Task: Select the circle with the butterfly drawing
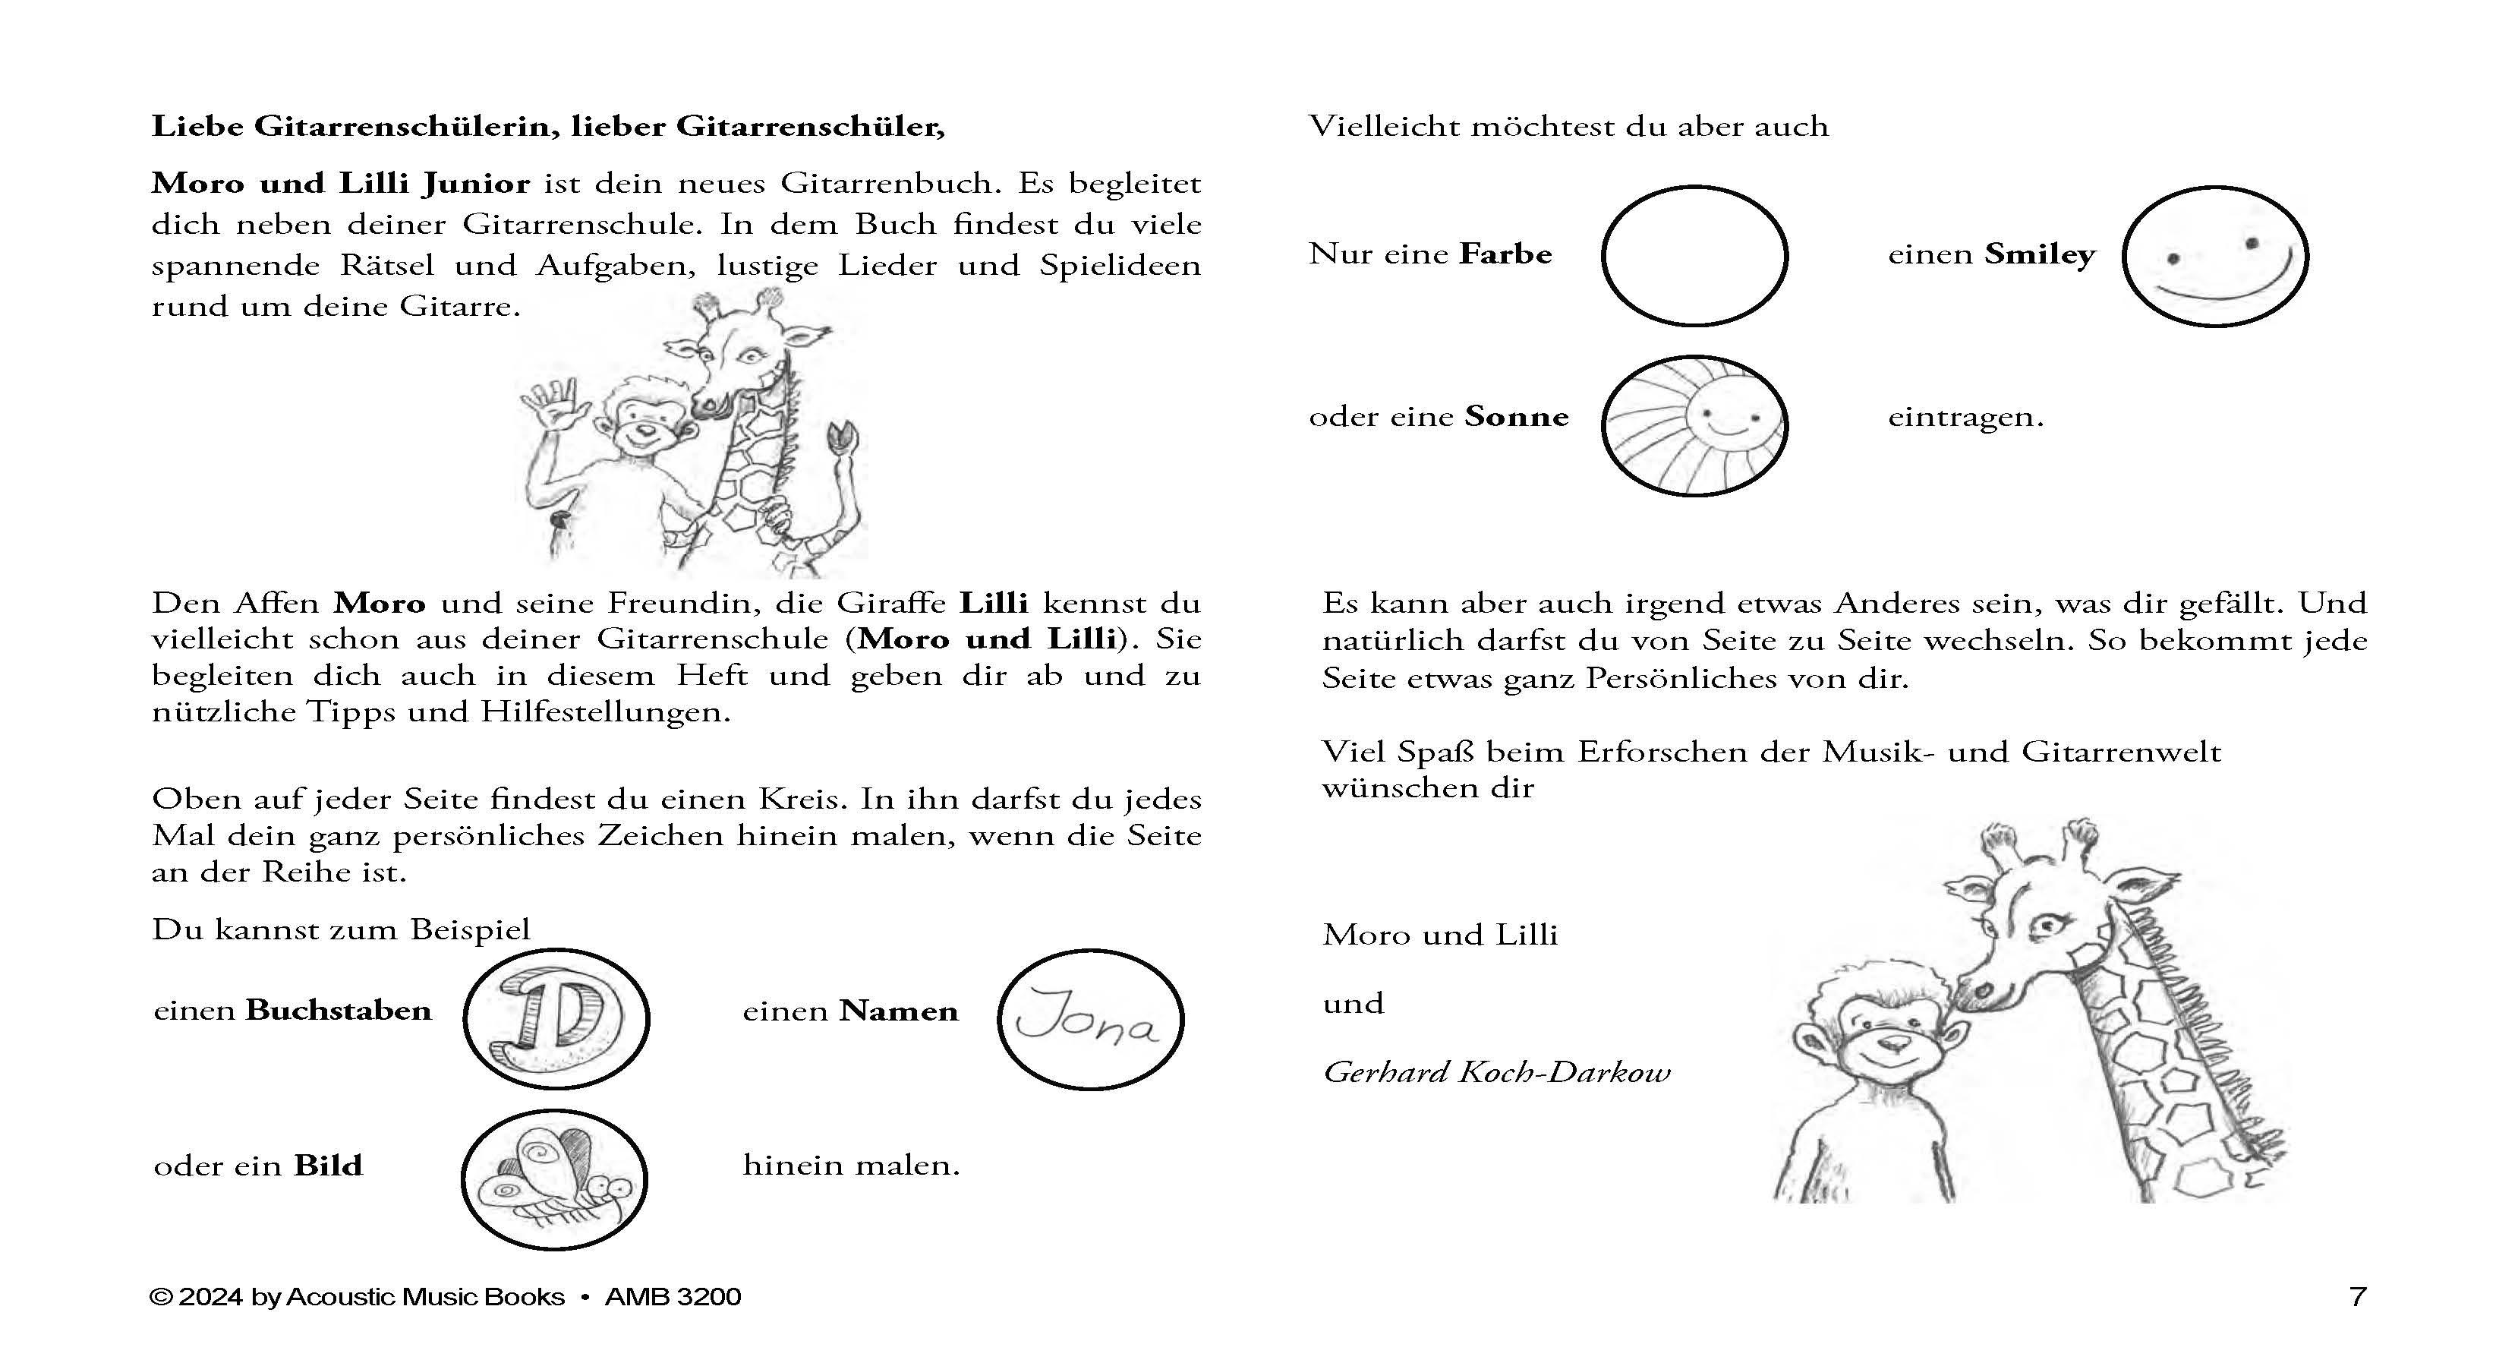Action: click(553, 1179)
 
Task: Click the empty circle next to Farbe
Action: click(1694, 255)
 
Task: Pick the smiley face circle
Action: click(2214, 255)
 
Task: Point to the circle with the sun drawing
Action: click(1694, 424)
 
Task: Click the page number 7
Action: click(2357, 1296)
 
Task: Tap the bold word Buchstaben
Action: click(339, 1010)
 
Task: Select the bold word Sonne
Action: click(1516, 417)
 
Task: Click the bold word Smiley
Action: click(2039, 254)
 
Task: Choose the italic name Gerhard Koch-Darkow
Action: click(1495, 1073)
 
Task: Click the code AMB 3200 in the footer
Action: click(673, 1296)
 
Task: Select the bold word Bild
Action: click(329, 1166)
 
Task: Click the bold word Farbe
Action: click(1505, 254)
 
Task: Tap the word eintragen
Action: click(1965, 418)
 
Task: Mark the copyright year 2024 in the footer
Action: click(210, 1296)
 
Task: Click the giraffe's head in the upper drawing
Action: click(743, 361)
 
